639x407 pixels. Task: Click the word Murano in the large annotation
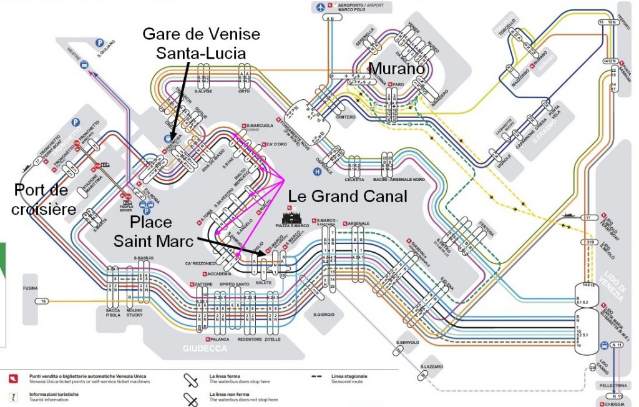point(398,69)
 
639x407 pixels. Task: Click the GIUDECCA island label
point(205,348)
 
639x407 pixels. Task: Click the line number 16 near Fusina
point(43,302)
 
